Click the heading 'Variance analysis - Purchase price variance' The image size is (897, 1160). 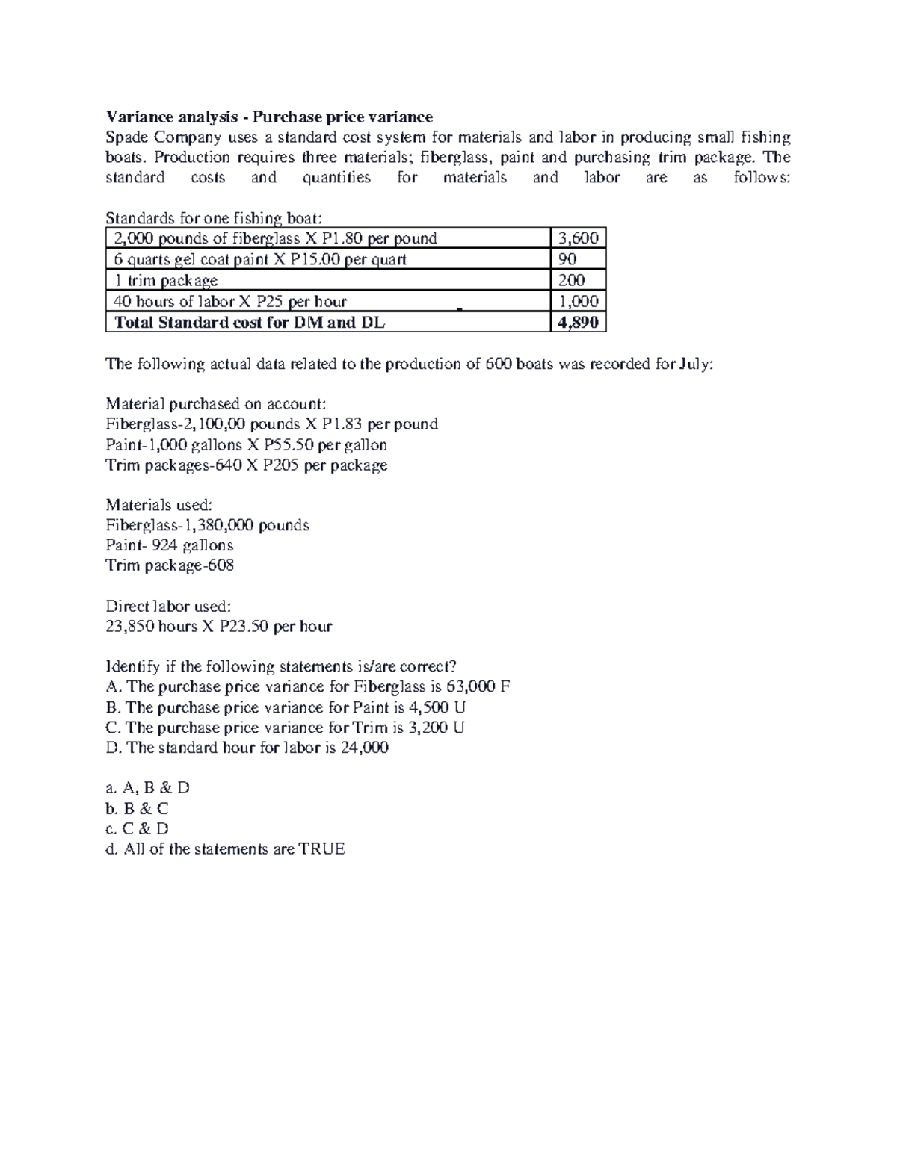(x=269, y=117)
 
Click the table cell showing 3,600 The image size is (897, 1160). (x=578, y=238)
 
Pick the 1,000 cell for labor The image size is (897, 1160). (x=578, y=301)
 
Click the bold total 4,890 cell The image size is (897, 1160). (x=578, y=323)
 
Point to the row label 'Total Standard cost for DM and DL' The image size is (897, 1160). (x=249, y=323)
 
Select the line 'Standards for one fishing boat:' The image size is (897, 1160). (x=215, y=218)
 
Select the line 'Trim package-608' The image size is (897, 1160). (x=170, y=565)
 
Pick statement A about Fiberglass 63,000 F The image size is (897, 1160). (x=308, y=687)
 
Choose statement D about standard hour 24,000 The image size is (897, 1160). (x=247, y=748)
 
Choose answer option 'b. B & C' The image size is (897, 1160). (x=138, y=808)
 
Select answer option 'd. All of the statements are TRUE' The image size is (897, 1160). (x=226, y=849)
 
